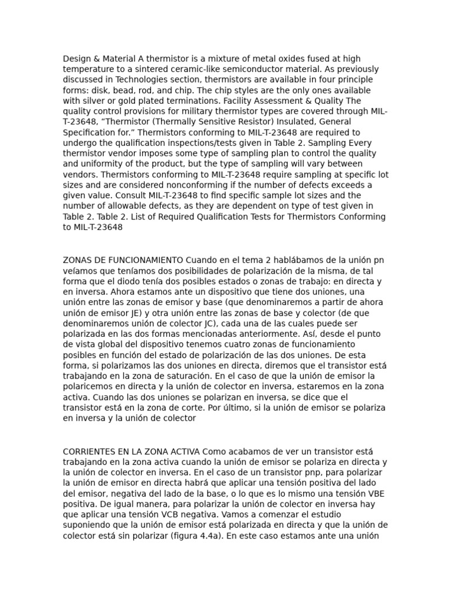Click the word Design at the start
click(77, 59)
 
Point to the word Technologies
click(142, 80)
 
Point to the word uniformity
click(100, 164)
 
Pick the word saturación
click(186, 376)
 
